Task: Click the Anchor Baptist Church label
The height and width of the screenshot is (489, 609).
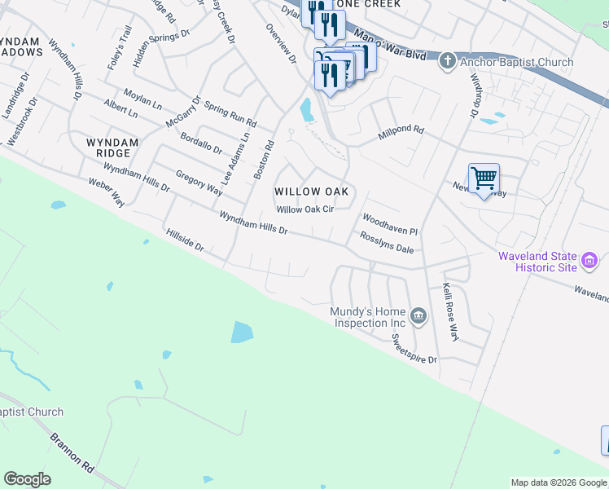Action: click(x=517, y=62)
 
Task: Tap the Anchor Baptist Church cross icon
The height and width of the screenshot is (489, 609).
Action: click(x=446, y=61)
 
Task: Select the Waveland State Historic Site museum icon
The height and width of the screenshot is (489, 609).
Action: click(x=590, y=262)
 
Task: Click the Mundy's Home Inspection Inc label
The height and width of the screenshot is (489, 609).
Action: click(x=368, y=317)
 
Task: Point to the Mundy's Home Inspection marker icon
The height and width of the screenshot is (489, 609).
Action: click(x=418, y=316)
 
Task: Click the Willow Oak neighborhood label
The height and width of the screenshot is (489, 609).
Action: click(x=311, y=192)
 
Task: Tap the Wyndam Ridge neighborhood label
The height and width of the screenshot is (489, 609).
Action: click(x=112, y=148)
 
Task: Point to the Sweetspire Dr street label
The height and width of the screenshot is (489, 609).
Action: click(x=414, y=348)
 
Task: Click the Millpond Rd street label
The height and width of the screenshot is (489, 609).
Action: click(x=401, y=130)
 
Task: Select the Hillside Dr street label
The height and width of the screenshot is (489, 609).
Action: click(x=184, y=244)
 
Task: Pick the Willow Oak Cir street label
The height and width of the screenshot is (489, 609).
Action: click(x=305, y=209)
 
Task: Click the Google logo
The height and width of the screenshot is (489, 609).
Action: click(x=27, y=479)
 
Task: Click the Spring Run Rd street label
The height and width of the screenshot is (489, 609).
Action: click(x=230, y=115)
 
